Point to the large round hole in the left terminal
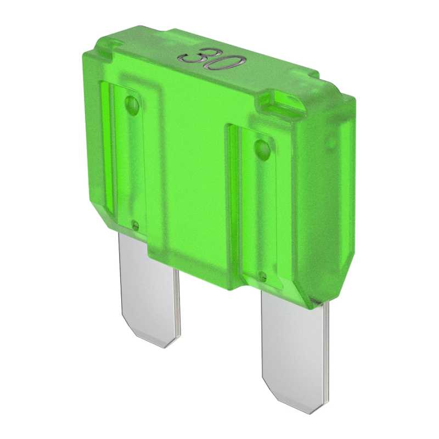tap(132, 104)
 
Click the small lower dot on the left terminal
tap(135, 224)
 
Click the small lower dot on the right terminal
tap(263, 276)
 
